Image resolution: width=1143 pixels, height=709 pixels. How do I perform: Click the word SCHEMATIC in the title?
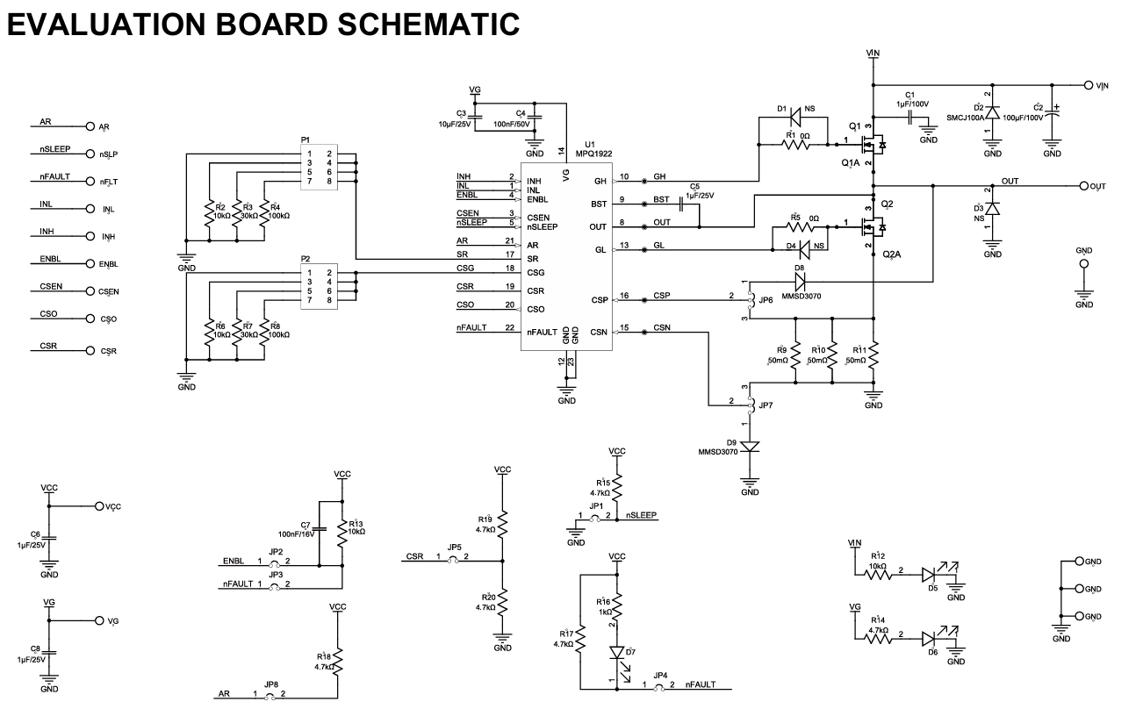(x=428, y=25)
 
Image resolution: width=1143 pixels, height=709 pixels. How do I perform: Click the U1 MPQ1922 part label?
(x=593, y=149)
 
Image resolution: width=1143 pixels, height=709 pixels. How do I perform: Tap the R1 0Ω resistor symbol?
(x=795, y=145)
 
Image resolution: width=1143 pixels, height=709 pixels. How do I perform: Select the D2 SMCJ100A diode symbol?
(x=992, y=112)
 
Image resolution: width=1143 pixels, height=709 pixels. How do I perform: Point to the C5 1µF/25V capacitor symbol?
(x=681, y=204)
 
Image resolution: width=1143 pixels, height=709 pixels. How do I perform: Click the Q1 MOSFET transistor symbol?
(x=872, y=145)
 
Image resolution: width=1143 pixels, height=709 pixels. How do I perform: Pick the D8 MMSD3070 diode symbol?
(x=800, y=282)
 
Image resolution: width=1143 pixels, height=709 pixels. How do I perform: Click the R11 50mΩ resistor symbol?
(x=873, y=355)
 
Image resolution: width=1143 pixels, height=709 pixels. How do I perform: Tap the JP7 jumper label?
(x=766, y=405)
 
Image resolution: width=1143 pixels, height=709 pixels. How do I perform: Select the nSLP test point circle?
(x=90, y=154)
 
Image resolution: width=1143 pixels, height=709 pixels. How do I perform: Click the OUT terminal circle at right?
(x=1084, y=186)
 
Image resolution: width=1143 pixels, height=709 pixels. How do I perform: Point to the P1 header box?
(x=319, y=168)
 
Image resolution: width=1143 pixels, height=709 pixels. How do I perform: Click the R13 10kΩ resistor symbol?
(x=341, y=533)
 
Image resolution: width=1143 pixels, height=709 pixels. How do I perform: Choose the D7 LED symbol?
(x=617, y=653)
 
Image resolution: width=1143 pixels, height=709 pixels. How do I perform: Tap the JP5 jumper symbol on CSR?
(x=453, y=560)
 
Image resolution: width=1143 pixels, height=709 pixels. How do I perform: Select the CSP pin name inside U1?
(x=600, y=300)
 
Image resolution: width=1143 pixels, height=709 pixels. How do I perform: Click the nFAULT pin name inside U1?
(x=542, y=332)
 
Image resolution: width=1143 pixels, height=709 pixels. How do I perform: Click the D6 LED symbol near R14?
(x=929, y=639)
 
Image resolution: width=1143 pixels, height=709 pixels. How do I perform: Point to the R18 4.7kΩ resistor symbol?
(x=337, y=662)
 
